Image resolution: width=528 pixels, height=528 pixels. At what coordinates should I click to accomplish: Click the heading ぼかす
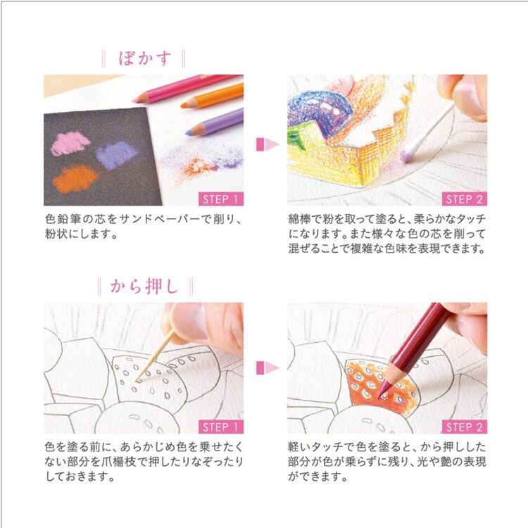point(144,58)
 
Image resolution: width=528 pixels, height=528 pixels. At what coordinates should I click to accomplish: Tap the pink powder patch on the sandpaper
point(70,144)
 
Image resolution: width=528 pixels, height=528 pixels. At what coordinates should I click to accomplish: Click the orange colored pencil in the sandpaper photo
point(212,96)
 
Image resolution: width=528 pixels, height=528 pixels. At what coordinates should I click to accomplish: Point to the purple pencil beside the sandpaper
point(215,120)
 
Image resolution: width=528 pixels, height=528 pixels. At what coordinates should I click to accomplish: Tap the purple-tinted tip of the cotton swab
point(410,150)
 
